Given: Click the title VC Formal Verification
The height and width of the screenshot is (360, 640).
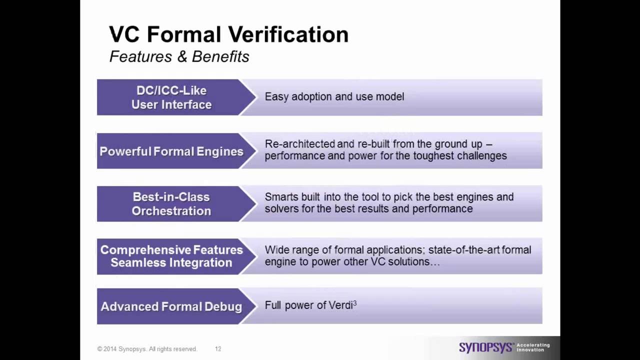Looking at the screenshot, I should (228, 34).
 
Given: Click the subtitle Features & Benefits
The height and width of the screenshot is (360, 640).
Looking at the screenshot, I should (179, 56).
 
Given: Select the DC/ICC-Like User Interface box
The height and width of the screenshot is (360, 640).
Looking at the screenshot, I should (171, 97).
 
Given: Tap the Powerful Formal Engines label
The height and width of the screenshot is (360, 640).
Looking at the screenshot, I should (171, 151).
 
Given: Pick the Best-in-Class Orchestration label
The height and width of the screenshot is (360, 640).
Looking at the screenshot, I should (171, 203).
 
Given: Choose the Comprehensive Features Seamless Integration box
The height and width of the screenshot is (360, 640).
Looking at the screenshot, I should (171, 256).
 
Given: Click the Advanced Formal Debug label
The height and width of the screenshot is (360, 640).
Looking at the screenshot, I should (171, 306).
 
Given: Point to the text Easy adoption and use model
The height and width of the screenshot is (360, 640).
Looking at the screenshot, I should (334, 96).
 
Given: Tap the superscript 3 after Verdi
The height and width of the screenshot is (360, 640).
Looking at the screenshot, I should (355, 302).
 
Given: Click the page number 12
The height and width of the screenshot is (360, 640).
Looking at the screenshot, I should (218, 349).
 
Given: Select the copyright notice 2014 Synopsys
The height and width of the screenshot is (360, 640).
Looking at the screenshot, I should (147, 349).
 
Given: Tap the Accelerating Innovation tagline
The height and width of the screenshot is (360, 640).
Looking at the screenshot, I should (532, 347).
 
